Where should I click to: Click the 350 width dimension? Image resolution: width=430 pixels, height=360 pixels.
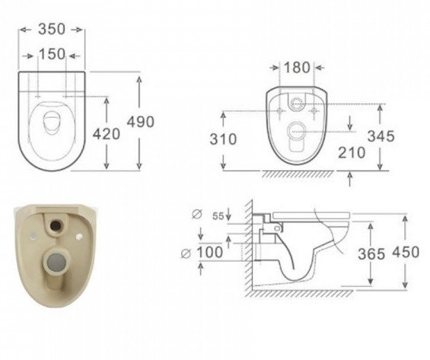(x=52, y=29)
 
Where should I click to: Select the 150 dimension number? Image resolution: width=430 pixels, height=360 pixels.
(x=52, y=54)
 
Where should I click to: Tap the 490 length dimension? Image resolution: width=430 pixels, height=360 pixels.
(x=140, y=122)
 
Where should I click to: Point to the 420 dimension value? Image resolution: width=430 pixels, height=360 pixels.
(x=107, y=134)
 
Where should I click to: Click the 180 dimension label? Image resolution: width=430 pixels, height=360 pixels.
(x=297, y=68)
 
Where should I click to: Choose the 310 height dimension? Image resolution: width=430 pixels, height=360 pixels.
(x=223, y=139)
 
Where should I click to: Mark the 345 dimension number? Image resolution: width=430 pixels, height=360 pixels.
(x=381, y=136)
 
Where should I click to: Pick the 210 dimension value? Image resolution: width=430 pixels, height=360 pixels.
(x=352, y=152)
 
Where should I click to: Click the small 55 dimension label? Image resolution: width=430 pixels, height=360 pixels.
(x=218, y=216)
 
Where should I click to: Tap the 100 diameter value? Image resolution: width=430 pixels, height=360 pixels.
(x=210, y=252)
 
